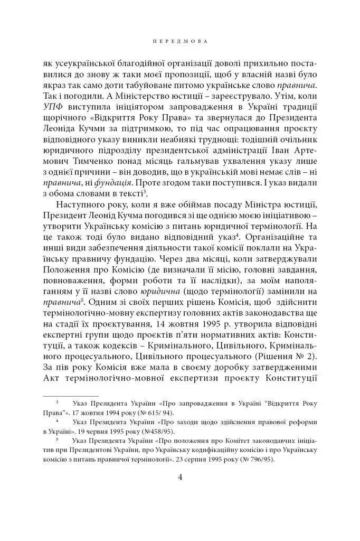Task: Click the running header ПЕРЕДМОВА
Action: point(179,40)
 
